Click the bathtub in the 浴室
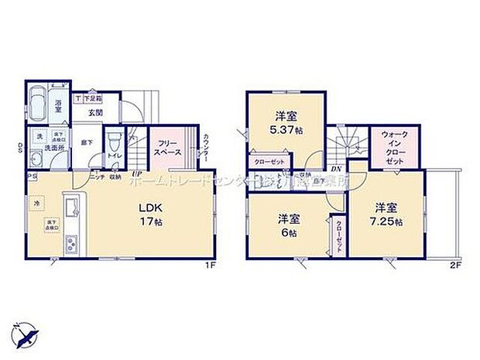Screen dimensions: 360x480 pos(38,103)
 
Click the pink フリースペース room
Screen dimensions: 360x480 pos(166,147)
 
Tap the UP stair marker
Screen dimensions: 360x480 pos(135,173)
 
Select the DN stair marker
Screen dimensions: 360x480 pos(337,168)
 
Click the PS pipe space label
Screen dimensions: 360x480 pos(31,176)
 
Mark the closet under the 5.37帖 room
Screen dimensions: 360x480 pos(266,163)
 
